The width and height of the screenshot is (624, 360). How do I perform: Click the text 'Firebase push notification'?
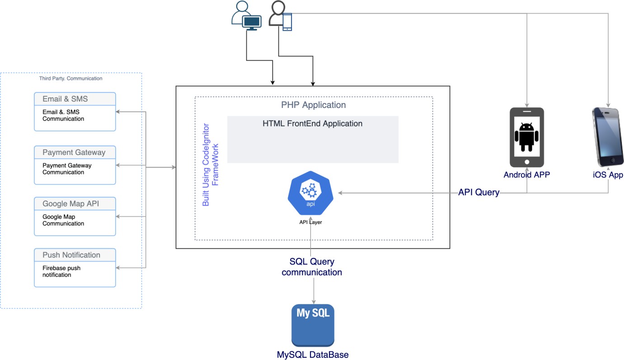[61, 271]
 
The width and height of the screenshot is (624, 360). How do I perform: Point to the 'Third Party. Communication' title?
[71, 79]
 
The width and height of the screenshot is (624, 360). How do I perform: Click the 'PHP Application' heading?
[313, 105]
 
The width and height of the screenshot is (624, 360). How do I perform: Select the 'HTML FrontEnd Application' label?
[312, 123]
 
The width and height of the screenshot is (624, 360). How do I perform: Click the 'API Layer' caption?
[310, 222]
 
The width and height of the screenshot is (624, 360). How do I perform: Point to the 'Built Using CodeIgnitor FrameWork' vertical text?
[210, 164]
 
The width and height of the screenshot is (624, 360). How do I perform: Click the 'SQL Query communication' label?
[312, 267]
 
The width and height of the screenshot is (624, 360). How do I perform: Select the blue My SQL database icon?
[313, 325]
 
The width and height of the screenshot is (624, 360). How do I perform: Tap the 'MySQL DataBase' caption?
[313, 355]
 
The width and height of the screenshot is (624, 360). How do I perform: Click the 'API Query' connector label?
[479, 192]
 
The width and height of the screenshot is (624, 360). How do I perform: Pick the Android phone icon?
[526, 137]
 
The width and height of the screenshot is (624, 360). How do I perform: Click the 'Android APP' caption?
[527, 175]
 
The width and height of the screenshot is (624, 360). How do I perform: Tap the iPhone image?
[608, 137]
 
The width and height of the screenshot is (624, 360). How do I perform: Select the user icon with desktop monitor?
[246, 16]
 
